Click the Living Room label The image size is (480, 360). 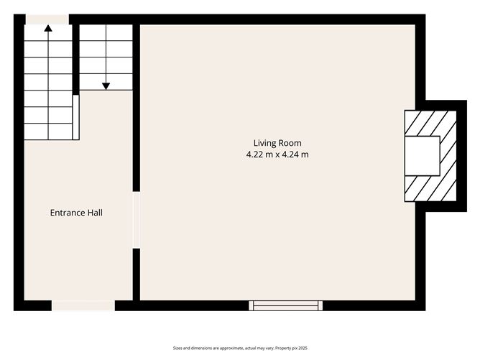click(x=277, y=143)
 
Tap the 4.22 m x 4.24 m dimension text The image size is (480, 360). click(x=277, y=154)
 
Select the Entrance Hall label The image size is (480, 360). click(x=76, y=213)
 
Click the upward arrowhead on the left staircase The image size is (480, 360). click(x=48, y=29)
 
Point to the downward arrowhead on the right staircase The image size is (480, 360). click(x=106, y=86)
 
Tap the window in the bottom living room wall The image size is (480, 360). click(x=285, y=305)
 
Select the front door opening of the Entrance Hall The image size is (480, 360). click(x=83, y=305)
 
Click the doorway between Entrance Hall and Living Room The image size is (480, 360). click(x=136, y=220)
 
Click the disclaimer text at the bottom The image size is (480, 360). click(x=239, y=348)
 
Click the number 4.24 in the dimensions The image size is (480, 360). click(x=295, y=154)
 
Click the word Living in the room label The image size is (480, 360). click(x=262, y=143)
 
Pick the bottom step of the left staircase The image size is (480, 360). click(x=48, y=131)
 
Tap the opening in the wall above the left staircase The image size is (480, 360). click(x=47, y=19)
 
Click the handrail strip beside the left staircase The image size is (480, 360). click(x=75, y=117)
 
